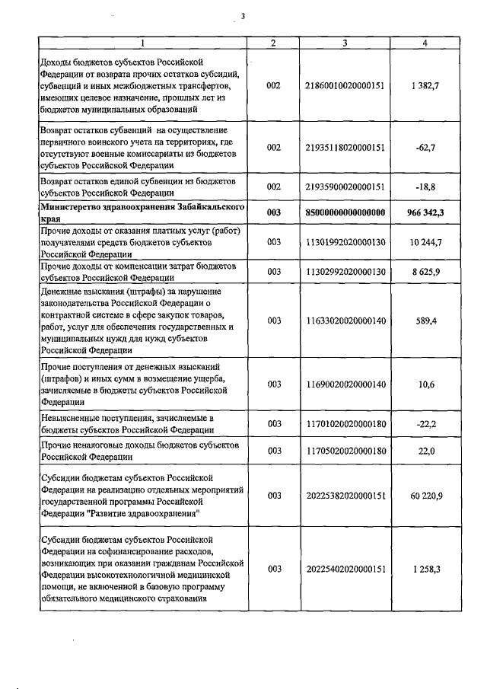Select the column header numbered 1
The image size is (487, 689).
pyautogui.click(x=142, y=43)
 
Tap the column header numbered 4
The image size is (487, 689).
pyautogui.click(x=425, y=43)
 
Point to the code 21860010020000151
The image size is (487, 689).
pyautogui.click(x=345, y=86)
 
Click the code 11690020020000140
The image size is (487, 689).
pyautogui.click(x=345, y=384)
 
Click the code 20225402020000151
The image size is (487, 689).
pyautogui.click(x=345, y=569)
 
